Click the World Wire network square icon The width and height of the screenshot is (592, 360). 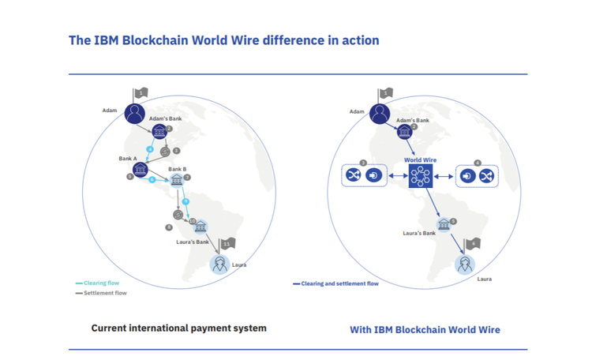(x=420, y=176)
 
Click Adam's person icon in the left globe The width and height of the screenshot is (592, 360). (x=135, y=113)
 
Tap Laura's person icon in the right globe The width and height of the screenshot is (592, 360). (x=466, y=264)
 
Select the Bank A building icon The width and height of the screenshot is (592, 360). (x=141, y=169)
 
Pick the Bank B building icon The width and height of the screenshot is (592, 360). (x=177, y=180)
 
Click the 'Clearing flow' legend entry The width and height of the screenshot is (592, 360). (x=99, y=283)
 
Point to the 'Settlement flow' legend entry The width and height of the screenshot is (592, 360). (x=103, y=293)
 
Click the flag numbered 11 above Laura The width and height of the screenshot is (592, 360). (x=227, y=244)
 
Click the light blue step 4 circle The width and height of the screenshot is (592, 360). (x=150, y=149)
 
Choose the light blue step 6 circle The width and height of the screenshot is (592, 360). (x=152, y=180)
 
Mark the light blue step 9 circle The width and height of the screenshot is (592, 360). (x=185, y=201)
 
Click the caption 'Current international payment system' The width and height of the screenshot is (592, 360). (x=178, y=328)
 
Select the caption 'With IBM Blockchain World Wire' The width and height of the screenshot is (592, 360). (x=425, y=329)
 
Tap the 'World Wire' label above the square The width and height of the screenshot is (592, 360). (x=420, y=159)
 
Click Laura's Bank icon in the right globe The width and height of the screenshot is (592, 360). (x=444, y=225)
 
